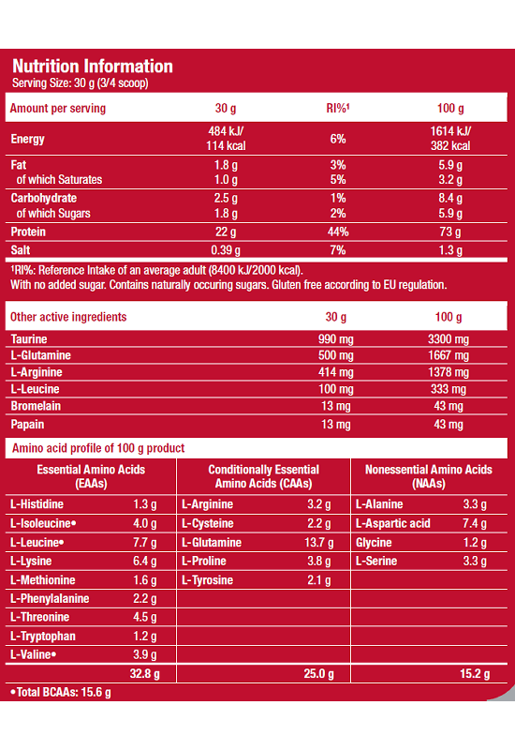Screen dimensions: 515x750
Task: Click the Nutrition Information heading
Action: click(x=92, y=66)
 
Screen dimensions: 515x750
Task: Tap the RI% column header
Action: click(x=338, y=108)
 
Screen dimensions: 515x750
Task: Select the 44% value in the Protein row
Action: click(x=338, y=232)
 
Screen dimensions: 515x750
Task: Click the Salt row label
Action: click(x=21, y=249)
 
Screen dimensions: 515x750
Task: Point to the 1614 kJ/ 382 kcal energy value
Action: click(x=450, y=138)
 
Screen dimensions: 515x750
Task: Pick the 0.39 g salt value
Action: click(x=226, y=249)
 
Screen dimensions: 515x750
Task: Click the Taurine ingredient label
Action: click(x=29, y=339)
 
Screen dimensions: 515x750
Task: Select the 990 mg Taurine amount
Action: click(x=336, y=339)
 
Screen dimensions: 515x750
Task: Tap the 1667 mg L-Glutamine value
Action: click(x=449, y=355)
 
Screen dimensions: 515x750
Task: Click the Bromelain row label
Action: click(x=36, y=406)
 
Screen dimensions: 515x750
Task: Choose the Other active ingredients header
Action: click(x=68, y=317)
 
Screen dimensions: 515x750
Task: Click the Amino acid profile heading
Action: click(x=98, y=448)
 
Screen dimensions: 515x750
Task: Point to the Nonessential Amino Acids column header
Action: click(x=429, y=476)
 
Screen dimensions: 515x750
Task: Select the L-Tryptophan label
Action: click(x=43, y=637)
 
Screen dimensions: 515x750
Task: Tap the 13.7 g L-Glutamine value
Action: click(x=318, y=543)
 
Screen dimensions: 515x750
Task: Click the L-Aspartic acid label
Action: click(x=392, y=523)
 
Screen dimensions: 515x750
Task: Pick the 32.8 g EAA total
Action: click(x=145, y=674)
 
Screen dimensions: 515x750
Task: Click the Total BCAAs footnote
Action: click(x=61, y=692)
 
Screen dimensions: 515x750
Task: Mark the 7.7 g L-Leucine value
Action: click(x=145, y=543)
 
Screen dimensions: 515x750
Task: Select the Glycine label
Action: click(x=374, y=543)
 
